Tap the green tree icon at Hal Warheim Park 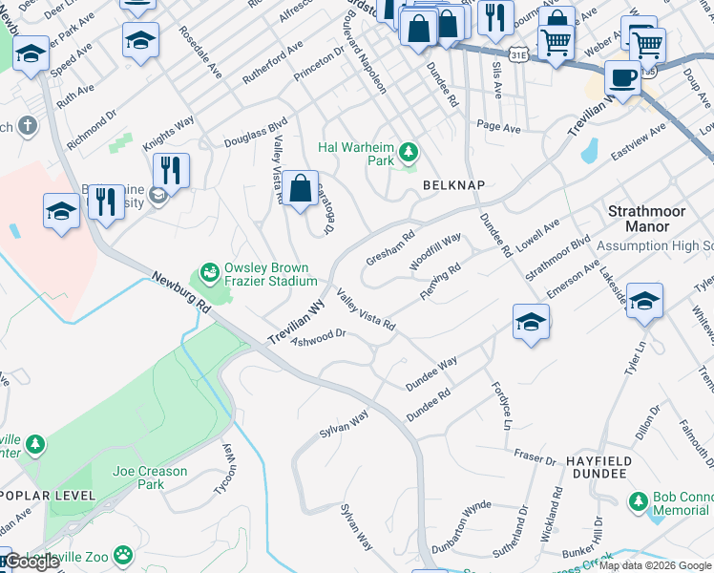(409, 152)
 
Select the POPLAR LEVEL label (48, 496)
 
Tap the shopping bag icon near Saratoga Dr (301, 188)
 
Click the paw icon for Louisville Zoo (122, 554)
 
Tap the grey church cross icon (29, 125)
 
